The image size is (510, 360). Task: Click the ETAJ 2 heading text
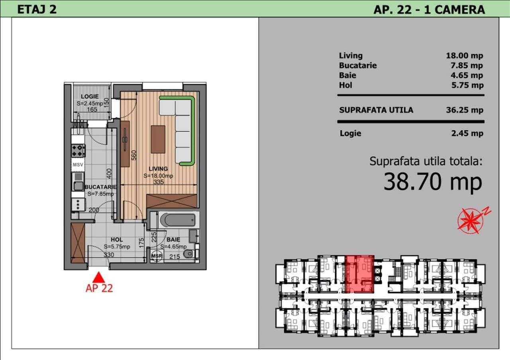point(37,9)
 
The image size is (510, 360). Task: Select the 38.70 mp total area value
point(432,182)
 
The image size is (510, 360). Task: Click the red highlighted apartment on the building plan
point(359,274)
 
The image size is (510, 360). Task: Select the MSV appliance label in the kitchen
point(78,164)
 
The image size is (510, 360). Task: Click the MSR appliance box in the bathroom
point(157,256)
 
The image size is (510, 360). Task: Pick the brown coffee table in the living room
point(158,139)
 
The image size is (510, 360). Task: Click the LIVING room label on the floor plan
point(158,169)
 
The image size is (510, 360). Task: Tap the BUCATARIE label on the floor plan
point(100,187)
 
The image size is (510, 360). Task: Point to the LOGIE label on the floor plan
point(90,96)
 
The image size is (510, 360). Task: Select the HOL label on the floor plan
point(117,240)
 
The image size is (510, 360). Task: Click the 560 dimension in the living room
point(134,155)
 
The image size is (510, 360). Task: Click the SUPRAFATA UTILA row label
point(376,110)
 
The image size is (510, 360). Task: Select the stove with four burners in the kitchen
point(78,150)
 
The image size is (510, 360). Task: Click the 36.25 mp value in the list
point(465,110)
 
